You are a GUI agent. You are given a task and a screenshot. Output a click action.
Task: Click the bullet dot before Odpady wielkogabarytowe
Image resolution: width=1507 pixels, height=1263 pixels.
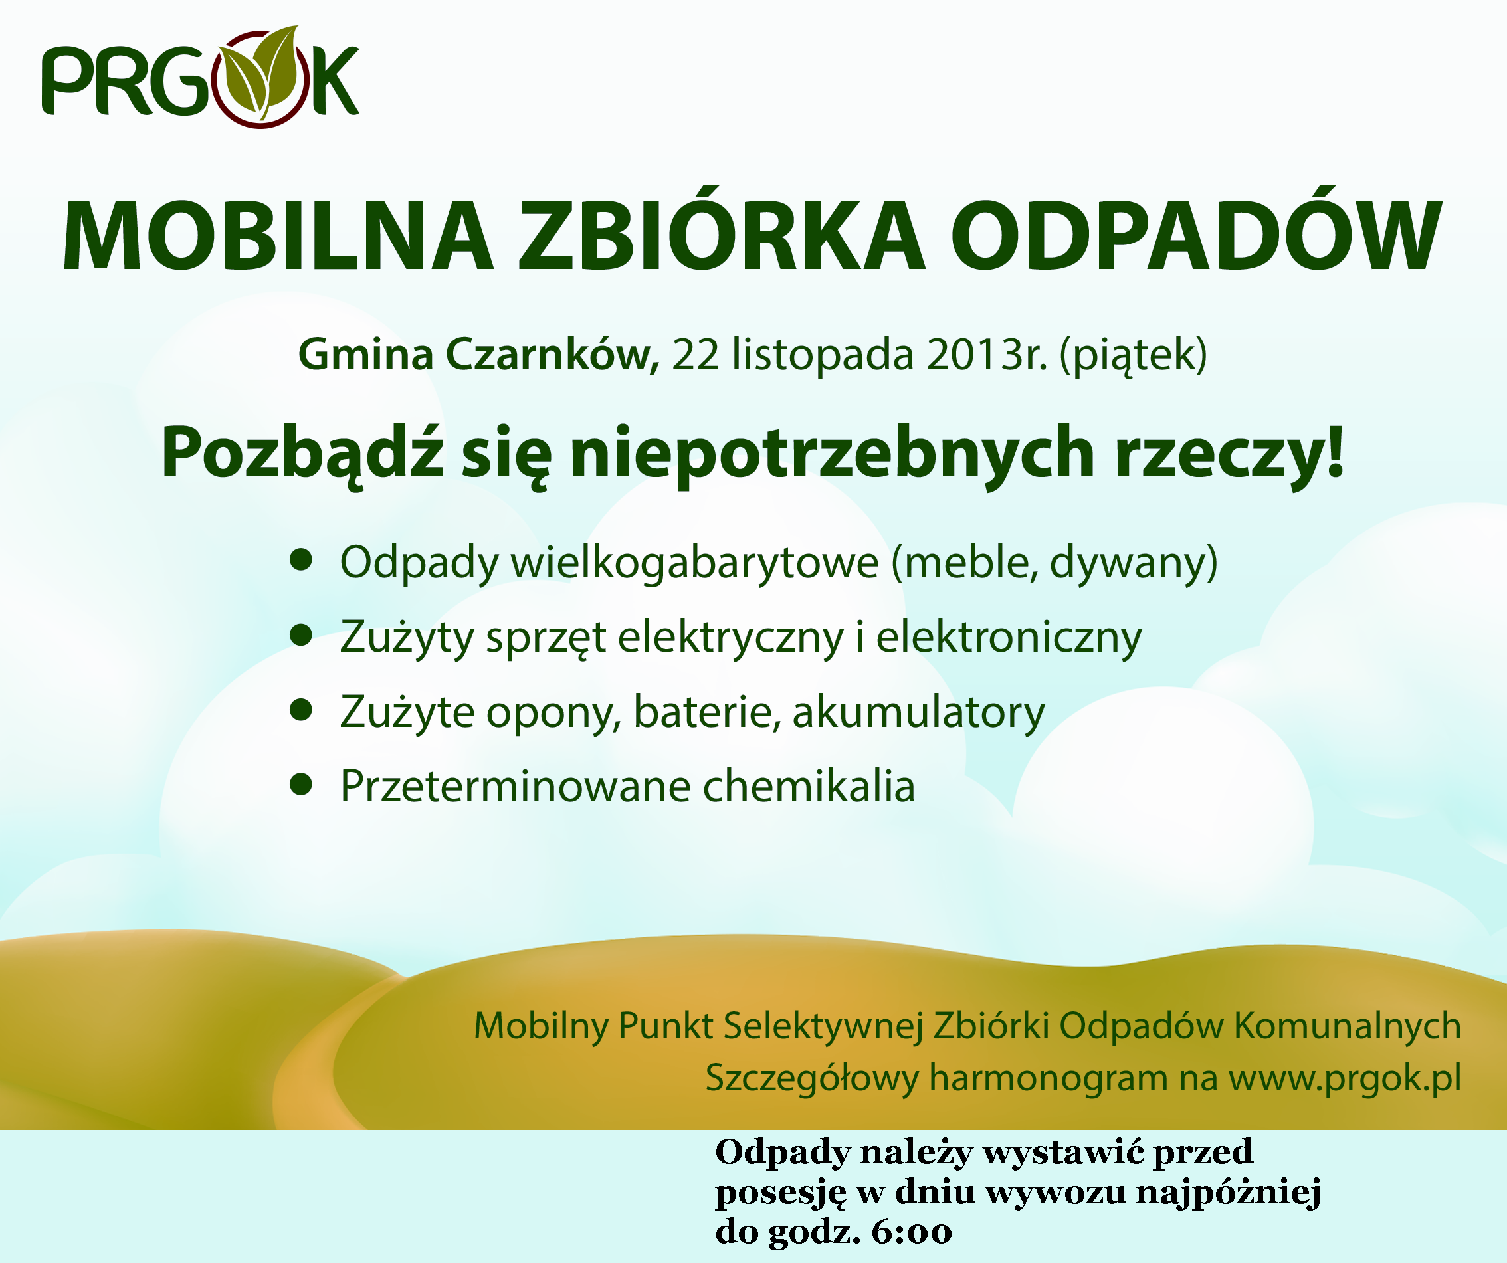pos(302,559)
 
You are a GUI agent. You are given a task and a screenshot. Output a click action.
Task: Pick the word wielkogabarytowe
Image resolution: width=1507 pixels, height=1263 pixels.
pos(694,563)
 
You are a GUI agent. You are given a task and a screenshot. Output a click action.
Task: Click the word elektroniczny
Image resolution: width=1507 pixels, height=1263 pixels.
pos(1009,637)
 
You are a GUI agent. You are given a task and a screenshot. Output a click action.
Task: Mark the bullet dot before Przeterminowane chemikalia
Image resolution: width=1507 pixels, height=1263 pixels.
pos(302,785)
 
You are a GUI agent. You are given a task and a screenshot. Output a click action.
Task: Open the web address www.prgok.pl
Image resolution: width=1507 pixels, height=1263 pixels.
pos(1346,1078)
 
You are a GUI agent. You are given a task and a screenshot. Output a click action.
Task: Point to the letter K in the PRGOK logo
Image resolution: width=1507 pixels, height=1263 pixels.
pos(335,81)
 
